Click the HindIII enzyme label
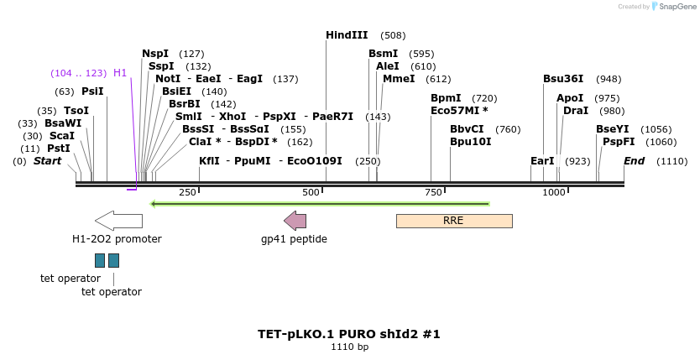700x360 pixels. pos(347,35)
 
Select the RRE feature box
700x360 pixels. pos(453,221)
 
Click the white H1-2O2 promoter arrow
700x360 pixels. pos(118,221)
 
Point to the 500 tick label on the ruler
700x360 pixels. pos(311,192)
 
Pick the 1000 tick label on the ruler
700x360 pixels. pos(554,192)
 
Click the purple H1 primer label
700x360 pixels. pos(120,73)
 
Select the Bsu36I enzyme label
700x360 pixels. pos(562,79)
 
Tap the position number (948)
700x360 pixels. pos(609,79)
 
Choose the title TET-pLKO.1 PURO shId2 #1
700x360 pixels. pos(349,334)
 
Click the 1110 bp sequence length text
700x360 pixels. pos(349,347)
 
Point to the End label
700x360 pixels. pos(634,161)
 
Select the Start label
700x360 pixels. pos(47,161)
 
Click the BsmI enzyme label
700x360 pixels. pos(383,54)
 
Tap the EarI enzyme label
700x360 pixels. pos(542,161)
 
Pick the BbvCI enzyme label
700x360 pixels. pos(467,129)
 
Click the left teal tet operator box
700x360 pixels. pos(100,260)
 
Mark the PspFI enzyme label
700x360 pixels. pos(616,142)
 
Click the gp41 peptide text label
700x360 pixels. pos(294,239)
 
